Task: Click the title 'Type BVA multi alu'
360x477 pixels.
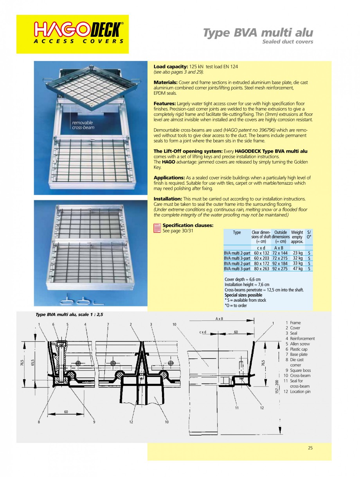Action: pyautogui.click(x=258, y=33)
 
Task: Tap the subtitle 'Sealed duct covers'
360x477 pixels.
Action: pyautogui.click(x=287, y=42)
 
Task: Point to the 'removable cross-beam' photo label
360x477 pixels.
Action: pyautogui.click(x=83, y=125)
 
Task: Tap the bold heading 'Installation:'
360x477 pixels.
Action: pyautogui.click(x=168, y=199)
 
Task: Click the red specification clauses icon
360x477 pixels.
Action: pyautogui.click(x=157, y=227)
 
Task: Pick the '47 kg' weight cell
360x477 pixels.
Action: pyautogui.click(x=297, y=269)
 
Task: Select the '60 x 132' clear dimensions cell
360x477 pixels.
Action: pyautogui.click(x=261, y=253)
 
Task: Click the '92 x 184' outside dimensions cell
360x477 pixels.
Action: pyautogui.click(x=280, y=264)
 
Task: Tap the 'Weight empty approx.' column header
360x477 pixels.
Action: pyautogui.click(x=297, y=237)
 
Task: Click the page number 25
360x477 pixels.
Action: pyautogui.click(x=310, y=448)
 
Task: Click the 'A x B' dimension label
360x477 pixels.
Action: pyautogui.click(x=219, y=319)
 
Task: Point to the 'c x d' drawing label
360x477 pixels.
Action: pyautogui.click(x=203, y=332)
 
